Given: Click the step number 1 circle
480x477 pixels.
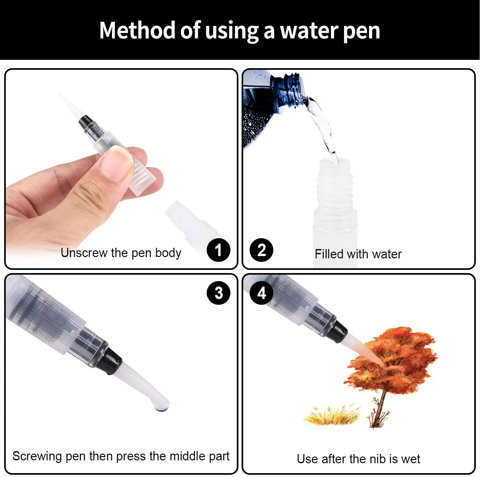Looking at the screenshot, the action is [x=219, y=250].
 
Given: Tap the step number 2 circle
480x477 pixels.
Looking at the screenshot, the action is [x=261, y=250].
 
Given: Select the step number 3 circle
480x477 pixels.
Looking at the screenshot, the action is [x=219, y=293].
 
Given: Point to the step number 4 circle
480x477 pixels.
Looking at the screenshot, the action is [x=261, y=293].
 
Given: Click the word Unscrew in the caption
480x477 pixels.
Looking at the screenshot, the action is [x=84, y=253].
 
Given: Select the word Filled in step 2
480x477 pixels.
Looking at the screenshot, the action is [x=329, y=254].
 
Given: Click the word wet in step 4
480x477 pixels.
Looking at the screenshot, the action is [x=411, y=459].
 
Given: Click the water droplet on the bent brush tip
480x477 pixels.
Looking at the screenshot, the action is [x=161, y=407].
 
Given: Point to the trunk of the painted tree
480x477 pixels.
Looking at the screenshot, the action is [x=380, y=407].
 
